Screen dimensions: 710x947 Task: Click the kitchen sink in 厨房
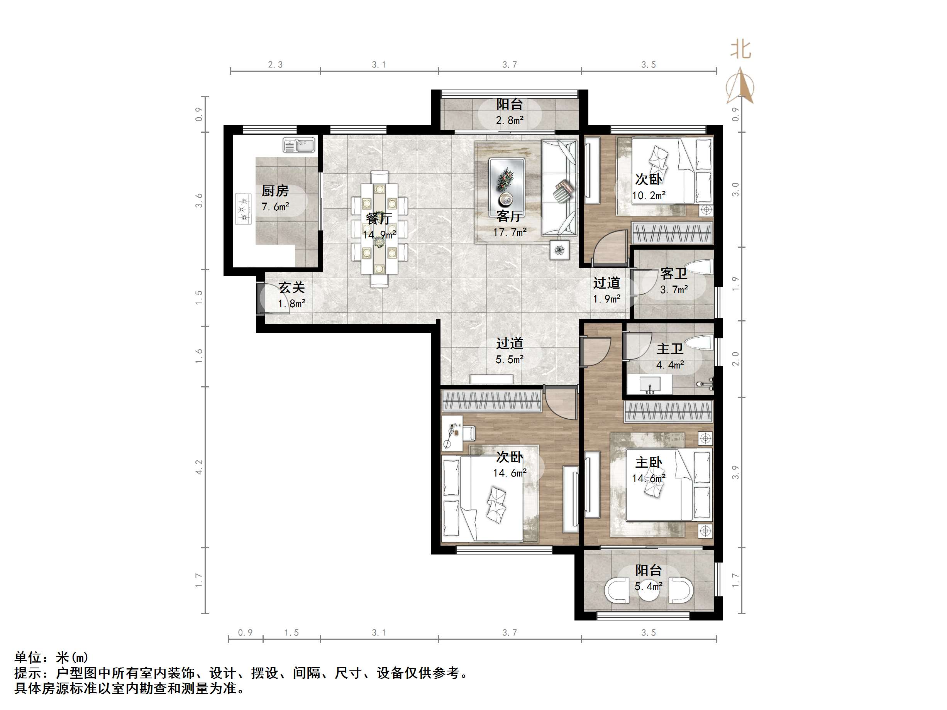point(298,145)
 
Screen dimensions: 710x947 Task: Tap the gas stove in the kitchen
point(243,209)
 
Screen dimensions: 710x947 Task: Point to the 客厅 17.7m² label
point(510,224)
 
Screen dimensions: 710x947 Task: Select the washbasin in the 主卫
point(650,385)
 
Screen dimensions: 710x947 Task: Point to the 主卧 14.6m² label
point(649,470)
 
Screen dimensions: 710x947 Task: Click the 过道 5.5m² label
point(510,351)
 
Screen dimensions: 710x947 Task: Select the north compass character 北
point(740,50)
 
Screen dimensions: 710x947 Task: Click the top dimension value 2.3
point(275,64)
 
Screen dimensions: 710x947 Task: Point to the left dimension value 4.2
point(199,467)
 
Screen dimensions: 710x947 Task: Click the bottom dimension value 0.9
point(245,632)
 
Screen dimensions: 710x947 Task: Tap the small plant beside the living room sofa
point(559,250)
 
